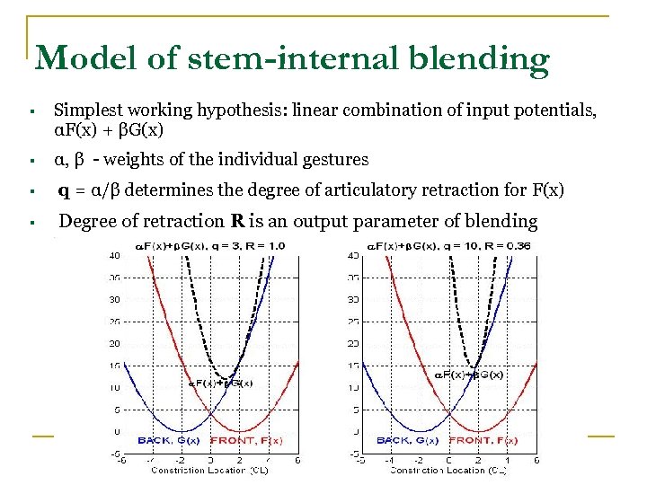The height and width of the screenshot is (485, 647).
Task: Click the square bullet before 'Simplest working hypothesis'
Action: (x=31, y=111)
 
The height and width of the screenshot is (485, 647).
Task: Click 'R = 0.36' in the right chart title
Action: (x=509, y=245)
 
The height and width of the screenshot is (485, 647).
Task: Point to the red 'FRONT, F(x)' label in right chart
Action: (x=483, y=440)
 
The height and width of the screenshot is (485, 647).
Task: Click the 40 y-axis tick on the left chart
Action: (x=114, y=256)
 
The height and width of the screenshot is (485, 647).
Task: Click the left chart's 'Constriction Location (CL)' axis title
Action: (x=209, y=470)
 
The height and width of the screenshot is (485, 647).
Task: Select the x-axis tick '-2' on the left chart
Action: (x=181, y=460)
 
